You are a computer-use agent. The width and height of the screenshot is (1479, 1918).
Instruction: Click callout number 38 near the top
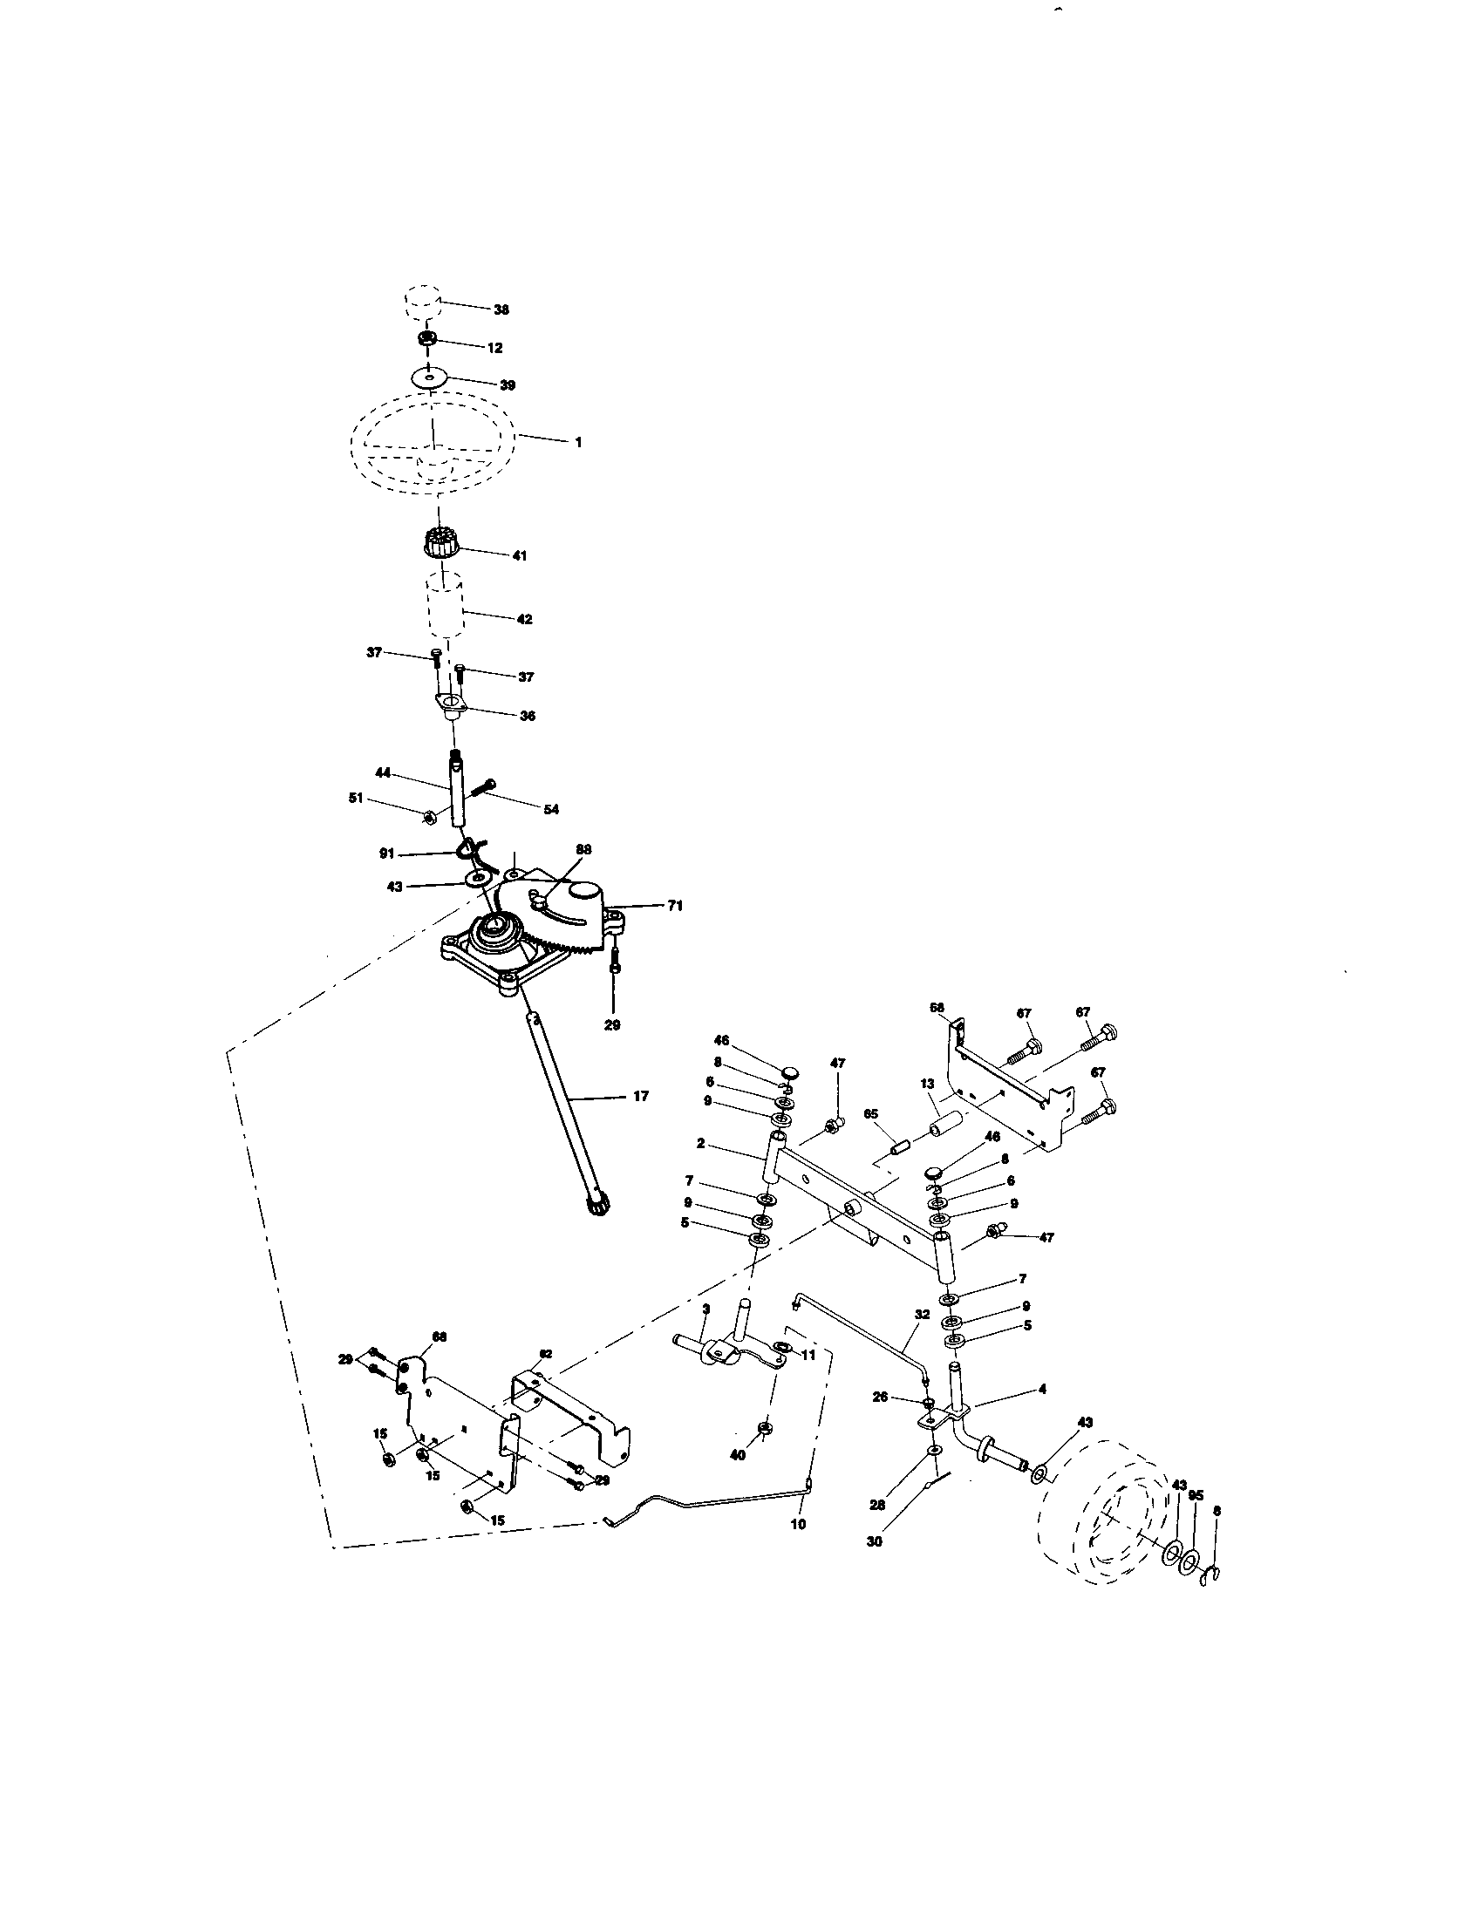(x=501, y=310)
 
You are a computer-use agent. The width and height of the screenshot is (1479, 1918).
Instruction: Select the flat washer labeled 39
(x=428, y=378)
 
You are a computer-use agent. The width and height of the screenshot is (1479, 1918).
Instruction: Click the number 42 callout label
(x=523, y=619)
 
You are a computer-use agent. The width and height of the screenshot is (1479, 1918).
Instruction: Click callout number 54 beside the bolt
(x=550, y=810)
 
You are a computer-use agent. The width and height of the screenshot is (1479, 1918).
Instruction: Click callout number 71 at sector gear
(x=674, y=906)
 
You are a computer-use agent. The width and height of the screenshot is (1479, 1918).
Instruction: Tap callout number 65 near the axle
(x=870, y=1113)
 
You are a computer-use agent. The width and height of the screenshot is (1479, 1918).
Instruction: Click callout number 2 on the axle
(x=701, y=1144)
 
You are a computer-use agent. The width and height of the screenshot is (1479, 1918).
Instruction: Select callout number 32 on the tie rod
(x=921, y=1315)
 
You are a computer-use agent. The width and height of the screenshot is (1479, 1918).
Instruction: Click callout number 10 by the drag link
(x=797, y=1525)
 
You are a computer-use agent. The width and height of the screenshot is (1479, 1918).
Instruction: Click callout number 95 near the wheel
(x=1196, y=1494)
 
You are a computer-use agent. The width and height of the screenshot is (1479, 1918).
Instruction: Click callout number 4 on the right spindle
(x=1042, y=1390)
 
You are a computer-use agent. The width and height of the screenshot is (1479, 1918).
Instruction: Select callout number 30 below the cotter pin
(x=874, y=1541)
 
